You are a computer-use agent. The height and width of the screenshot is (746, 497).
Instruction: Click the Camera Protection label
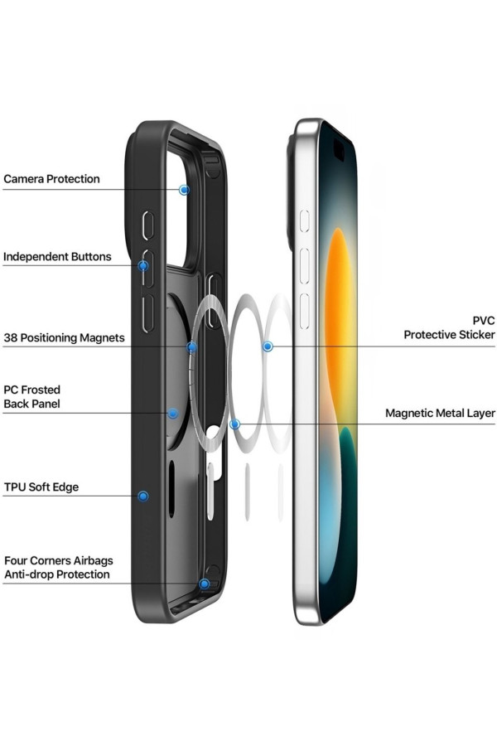pyautogui.click(x=52, y=179)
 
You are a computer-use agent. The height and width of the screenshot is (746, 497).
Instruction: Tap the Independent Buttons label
pyautogui.click(x=57, y=257)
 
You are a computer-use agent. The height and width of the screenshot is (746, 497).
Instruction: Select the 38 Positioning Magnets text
pyautogui.click(x=65, y=338)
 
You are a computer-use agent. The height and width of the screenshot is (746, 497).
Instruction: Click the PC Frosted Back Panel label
pyautogui.click(x=31, y=397)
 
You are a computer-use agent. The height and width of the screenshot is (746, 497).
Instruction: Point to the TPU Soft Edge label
pyautogui.click(x=41, y=487)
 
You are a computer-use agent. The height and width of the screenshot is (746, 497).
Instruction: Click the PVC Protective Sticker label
pyautogui.click(x=450, y=327)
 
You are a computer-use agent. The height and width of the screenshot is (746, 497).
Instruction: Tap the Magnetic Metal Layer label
pyautogui.click(x=441, y=413)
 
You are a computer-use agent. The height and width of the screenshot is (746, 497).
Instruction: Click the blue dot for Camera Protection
pyautogui.click(x=184, y=190)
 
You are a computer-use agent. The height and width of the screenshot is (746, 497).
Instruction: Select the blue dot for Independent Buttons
pyautogui.click(x=142, y=265)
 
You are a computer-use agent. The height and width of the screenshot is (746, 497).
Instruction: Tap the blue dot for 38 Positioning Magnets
pyautogui.click(x=191, y=347)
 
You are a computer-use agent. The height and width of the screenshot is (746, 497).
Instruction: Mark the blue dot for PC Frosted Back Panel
pyautogui.click(x=173, y=413)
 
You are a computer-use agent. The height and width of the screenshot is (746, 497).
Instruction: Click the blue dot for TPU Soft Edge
pyautogui.click(x=142, y=497)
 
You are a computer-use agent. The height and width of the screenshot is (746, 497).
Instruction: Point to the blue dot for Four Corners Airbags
pyautogui.click(x=205, y=584)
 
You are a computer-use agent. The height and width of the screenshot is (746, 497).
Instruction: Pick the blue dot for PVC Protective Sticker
pyautogui.click(x=268, y=346)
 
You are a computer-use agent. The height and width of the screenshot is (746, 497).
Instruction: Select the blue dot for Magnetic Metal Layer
pyautogui.click(x=234, y=424)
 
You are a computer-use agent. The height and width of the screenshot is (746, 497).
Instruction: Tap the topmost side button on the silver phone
pyautogui.click(x=304, y=221)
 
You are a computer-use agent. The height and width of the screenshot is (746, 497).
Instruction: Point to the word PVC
pyautogui.click(x=484, y=321)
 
